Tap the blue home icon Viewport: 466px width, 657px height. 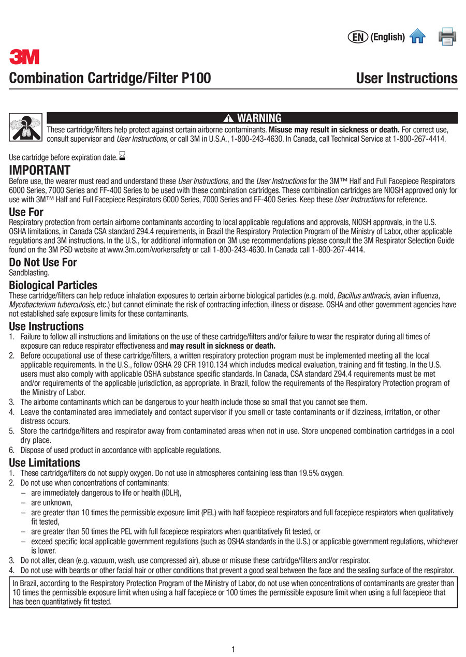417,36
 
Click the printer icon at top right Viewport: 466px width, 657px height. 447,36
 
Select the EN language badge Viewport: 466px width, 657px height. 358,37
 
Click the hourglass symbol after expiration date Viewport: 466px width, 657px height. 123,155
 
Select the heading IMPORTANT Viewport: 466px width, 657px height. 39,170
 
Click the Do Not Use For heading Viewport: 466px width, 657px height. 43,262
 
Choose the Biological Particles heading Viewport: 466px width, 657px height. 53,286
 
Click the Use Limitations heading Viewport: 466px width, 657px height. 45,462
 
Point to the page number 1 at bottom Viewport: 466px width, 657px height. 234,649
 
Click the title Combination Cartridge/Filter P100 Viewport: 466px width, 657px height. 110,79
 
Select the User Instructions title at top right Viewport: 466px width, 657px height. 406,79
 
